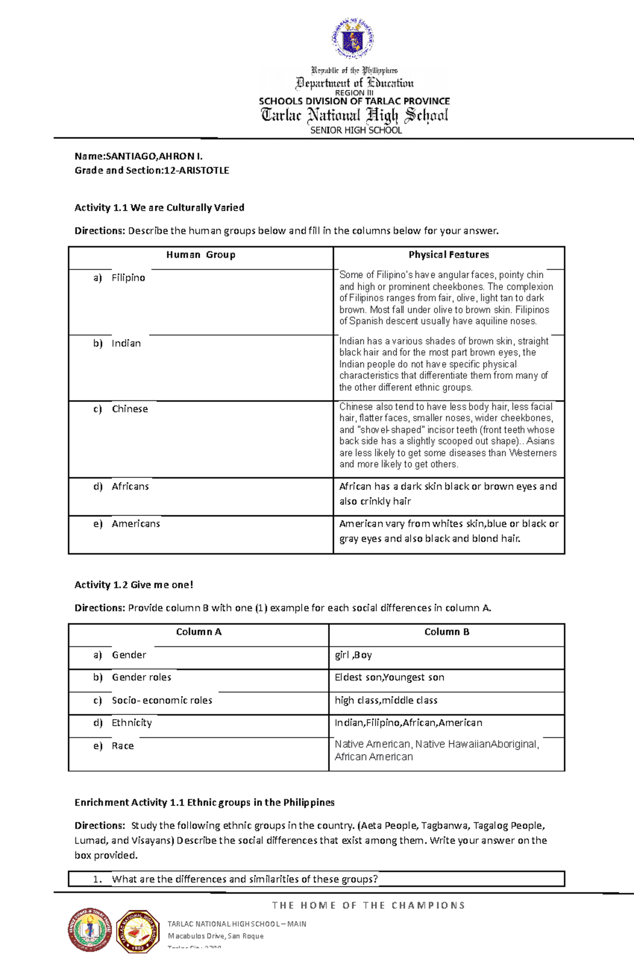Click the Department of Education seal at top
pos(353,38)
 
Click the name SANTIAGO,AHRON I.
pos(154,156)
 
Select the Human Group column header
pos(201,255)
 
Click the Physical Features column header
pos(449,255)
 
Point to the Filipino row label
pos(128,278)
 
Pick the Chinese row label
pos(129,409)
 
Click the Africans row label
pos(130,486)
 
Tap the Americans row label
pos(135,524)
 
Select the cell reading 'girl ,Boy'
pos(353,655)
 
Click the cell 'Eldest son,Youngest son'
pos(389,678)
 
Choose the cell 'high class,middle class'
pos(386,701)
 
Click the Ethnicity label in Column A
pos(132,723)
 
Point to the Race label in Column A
pos(123,746)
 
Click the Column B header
pos(446,632)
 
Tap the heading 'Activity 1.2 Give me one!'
pos(134,585)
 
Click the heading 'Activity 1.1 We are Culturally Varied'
pos(159,208)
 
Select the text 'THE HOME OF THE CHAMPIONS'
pos(368,906)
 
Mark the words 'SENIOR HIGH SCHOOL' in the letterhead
pos(356,130)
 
